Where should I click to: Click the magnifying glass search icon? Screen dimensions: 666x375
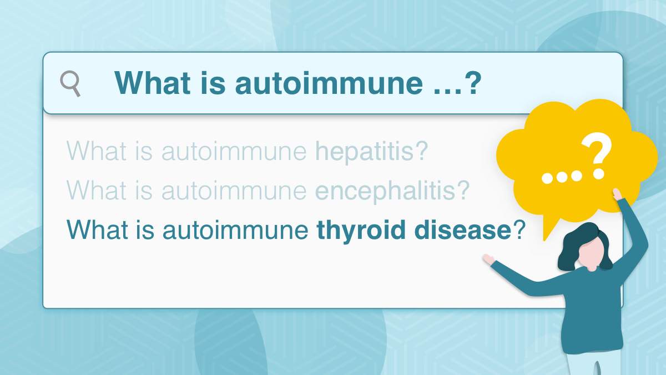pyautogui.click(x=70, y=83)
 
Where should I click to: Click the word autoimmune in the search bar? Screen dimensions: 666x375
pyautogui.click(x=329, y=83)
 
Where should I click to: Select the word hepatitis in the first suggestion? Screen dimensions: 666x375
pyautogui.click(x=364, y=151)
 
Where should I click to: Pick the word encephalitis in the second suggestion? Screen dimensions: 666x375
pyautogui.click(x=385, y=191)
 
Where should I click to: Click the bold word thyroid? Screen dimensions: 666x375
pyautogui.click(x=361, y=231)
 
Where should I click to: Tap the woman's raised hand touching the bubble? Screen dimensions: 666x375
pyautogui.click(x=617, y=194)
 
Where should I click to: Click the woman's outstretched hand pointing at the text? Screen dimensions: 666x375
pyautogui.click(x=488, y=259)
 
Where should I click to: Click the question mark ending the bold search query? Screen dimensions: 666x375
pyautogui.click(x=472, y=83)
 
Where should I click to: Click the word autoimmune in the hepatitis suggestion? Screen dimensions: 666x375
pyautogui.click(x=234, y=151)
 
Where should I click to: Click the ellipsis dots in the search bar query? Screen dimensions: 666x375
pyautogui.click(x=447, y=91)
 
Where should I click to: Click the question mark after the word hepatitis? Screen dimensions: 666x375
pyautogui.click(x=421, y=151)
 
